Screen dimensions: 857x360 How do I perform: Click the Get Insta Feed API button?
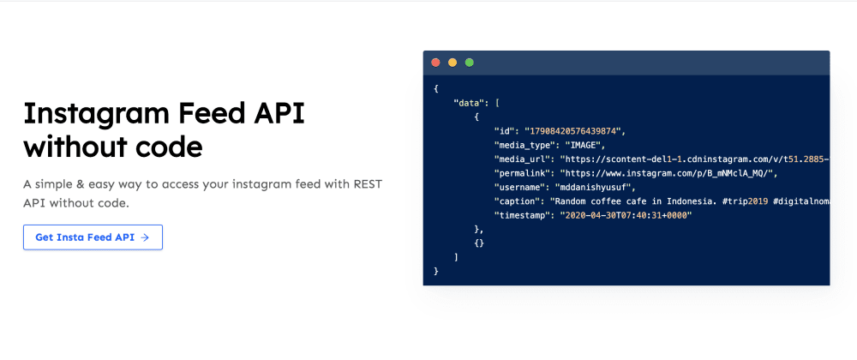point(93,237)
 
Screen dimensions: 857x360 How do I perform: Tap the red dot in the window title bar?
point(435,63)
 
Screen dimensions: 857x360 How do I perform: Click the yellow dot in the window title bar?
point(452,63)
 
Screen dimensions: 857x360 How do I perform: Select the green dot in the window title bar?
point(469,63)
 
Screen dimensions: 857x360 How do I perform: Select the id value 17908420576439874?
point(574,130)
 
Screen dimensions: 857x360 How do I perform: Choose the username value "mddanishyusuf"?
point(584,188)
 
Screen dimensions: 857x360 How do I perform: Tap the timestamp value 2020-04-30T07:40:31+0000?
point(626,216)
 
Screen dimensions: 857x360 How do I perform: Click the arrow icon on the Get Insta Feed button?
point(145,237)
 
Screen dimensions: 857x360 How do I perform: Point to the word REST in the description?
point(368,184)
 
